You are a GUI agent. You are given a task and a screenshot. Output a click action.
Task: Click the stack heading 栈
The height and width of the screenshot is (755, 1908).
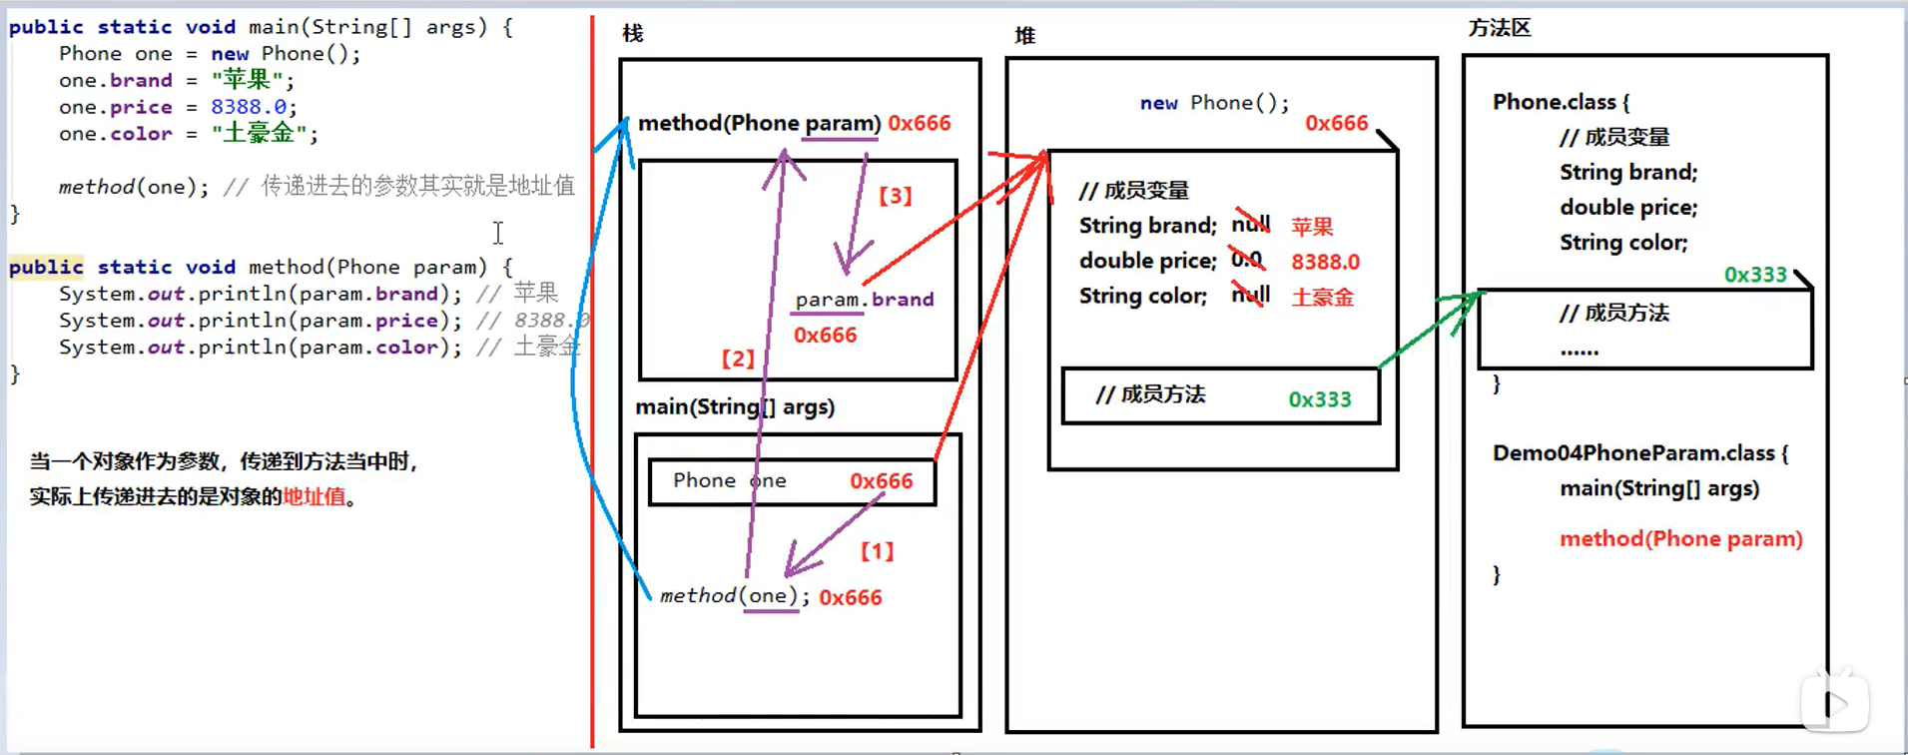[633, 34]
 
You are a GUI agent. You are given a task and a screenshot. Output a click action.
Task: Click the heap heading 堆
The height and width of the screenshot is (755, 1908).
[1025, 36]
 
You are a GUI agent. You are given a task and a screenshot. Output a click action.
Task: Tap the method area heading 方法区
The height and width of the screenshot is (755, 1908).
[1500, 28]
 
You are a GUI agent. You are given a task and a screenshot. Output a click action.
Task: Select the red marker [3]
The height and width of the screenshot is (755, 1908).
[896, 196]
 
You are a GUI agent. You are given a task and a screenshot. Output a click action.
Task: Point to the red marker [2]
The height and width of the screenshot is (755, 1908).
[738, 359]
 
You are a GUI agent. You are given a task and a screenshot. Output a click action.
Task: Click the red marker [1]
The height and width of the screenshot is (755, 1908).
[877, 551]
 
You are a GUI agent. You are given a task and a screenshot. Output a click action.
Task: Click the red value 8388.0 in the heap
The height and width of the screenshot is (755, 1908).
[1325, 262]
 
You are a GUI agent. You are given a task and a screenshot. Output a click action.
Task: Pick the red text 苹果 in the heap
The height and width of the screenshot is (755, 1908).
[1312, 227]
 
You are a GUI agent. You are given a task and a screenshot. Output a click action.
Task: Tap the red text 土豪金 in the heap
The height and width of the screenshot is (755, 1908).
[1322, 298]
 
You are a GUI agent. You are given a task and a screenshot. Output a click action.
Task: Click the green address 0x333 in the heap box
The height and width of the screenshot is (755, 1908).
[1319, 399]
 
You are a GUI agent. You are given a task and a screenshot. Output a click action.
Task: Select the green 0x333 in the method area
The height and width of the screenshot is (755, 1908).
[1755, 275]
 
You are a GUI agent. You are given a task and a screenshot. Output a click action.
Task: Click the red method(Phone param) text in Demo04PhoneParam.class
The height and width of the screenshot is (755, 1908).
[1681, 539]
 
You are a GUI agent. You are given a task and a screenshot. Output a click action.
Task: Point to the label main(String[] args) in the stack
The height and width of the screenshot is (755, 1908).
[735, 407]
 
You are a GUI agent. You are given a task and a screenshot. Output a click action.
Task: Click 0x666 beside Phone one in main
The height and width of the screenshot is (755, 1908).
[881, 481]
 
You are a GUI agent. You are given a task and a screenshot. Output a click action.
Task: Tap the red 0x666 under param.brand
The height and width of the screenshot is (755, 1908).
[825, 336]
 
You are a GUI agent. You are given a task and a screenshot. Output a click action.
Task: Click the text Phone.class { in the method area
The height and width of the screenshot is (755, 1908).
[1561, 102]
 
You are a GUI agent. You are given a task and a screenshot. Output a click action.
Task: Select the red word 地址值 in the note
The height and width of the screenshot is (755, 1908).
[314, 496]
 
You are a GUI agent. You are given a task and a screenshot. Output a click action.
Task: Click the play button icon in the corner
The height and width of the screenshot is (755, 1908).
[1835, 703]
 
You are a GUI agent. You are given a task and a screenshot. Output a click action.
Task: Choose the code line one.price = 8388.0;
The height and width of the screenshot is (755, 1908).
[178, 107]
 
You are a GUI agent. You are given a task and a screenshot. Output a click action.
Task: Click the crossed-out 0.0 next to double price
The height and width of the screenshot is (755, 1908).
[1247, 260]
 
